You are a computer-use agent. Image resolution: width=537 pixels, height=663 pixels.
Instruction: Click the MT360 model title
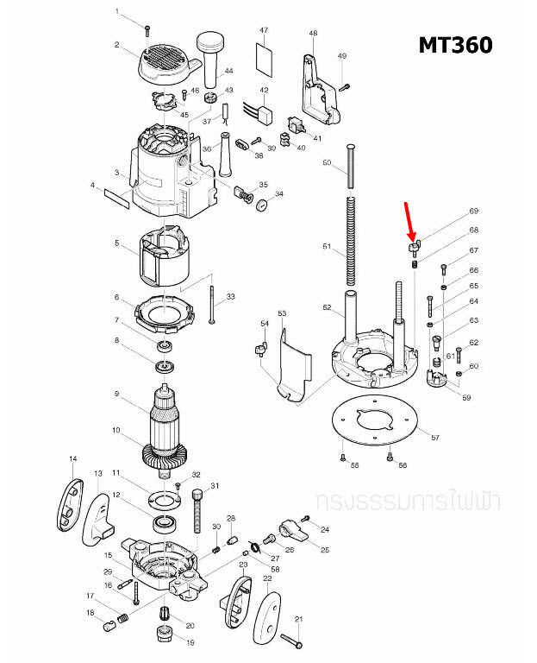[455, 44]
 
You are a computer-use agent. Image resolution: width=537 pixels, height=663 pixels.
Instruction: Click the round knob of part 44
[210, 41]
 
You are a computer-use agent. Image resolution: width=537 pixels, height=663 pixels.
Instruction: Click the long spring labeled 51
[351, 243]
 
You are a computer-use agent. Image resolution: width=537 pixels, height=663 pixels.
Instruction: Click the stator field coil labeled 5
[165, 255]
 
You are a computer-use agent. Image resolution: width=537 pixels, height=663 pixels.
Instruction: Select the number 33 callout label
[230, 297]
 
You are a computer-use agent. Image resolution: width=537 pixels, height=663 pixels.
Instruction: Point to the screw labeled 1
[149, 30]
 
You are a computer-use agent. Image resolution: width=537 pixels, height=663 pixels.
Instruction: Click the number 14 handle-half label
[73, 458]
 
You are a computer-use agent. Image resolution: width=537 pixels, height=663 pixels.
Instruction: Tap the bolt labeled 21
[290, 640]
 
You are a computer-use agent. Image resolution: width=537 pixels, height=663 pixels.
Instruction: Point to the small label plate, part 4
[116, 200]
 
